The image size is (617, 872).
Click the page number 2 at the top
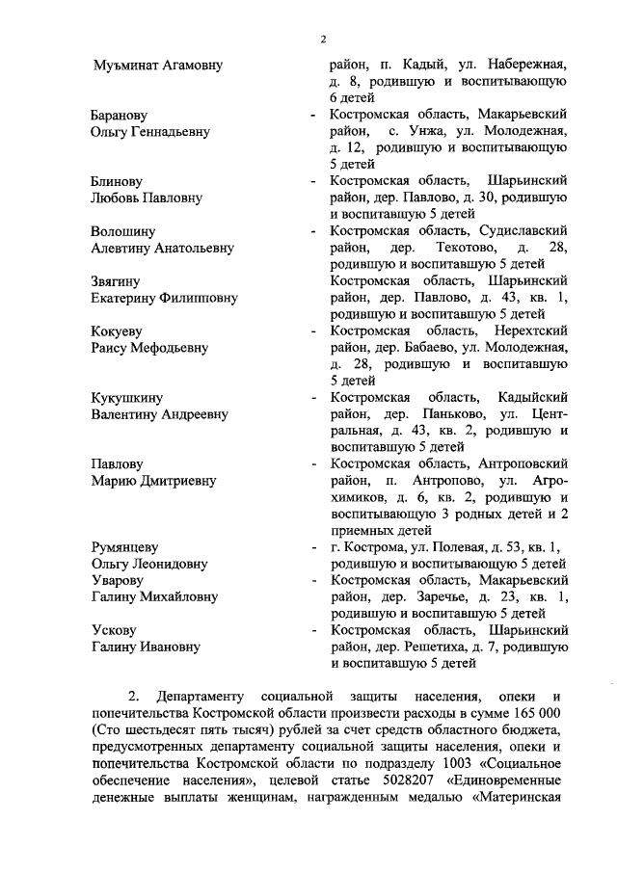(324, 39)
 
